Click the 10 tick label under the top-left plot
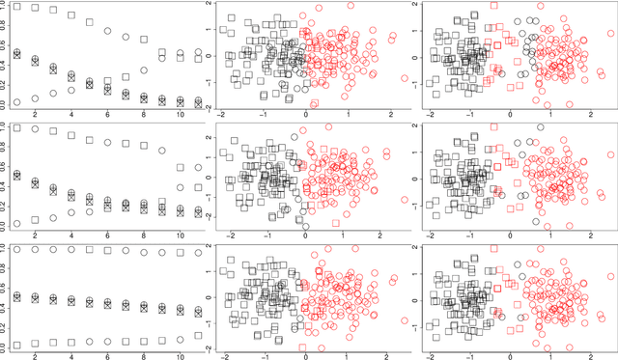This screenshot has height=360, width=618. [180, 116]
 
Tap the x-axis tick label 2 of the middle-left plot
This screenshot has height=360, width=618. [36, 235]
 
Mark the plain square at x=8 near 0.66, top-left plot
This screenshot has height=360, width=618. [144, 39]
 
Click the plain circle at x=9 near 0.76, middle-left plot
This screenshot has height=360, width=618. [162, 151]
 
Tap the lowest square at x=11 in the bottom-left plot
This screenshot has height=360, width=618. [198, 335]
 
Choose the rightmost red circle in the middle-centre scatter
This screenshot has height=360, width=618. [387, 153]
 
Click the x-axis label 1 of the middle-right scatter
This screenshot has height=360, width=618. [553, 235]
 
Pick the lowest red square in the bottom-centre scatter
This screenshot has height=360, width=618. [303, 346]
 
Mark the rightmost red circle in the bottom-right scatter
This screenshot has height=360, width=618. [610, 282]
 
